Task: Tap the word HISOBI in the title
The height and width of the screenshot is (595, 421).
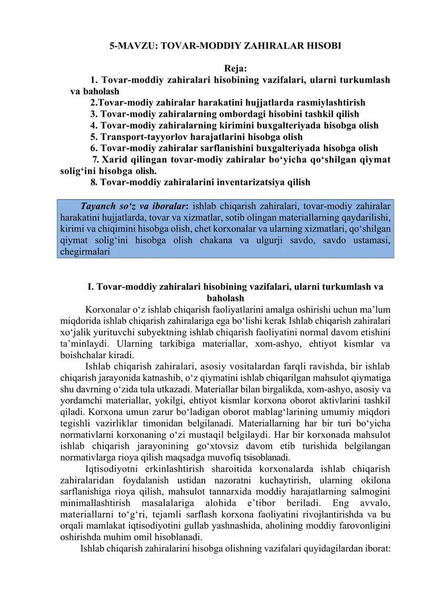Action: [322, 46]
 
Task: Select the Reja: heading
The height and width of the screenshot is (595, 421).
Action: [236, 69]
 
